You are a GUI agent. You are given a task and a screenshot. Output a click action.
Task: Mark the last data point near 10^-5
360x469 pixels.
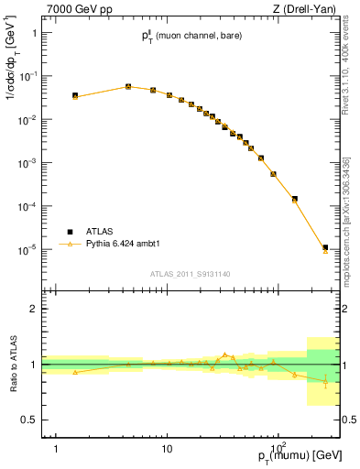click(325, 247)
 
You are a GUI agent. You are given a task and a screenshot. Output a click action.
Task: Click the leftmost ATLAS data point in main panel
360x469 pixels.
click(75, 95)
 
